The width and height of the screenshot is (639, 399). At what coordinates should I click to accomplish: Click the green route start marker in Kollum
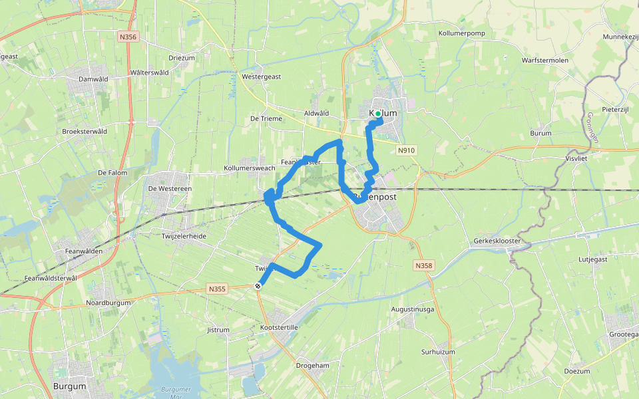378,114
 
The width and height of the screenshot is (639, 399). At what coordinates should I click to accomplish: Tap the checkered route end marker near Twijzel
258,285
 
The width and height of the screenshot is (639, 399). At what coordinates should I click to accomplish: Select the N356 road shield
128,37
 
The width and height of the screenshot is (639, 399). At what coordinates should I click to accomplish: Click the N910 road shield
407,150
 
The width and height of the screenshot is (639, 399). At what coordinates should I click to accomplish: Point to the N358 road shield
423,266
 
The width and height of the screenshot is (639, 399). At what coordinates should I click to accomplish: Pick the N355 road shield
217,289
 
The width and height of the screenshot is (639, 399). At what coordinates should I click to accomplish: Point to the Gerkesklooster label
497,241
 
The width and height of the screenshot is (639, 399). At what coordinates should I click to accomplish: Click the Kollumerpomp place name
461,33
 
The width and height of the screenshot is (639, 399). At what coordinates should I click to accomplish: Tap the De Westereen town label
170,189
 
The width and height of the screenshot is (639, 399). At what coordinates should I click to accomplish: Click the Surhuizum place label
438,351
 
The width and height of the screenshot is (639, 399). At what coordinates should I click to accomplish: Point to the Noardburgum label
109,303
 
